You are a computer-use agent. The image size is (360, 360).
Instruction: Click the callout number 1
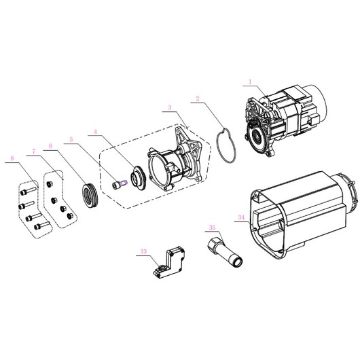(250, 82)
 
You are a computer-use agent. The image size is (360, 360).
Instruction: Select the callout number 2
(198, 98)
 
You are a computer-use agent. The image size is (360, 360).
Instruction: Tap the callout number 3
(170, 107)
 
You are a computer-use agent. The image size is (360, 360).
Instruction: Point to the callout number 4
(96, 132)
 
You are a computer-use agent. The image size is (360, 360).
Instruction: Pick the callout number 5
(71, 139)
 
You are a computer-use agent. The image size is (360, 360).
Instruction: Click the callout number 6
(50, 146)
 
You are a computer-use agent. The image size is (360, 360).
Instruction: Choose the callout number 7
(34, 151)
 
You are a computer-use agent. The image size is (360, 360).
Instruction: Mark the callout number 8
(12, 158)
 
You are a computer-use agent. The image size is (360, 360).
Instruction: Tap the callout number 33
(143, 251)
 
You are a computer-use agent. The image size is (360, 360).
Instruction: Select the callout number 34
(241, 217)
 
